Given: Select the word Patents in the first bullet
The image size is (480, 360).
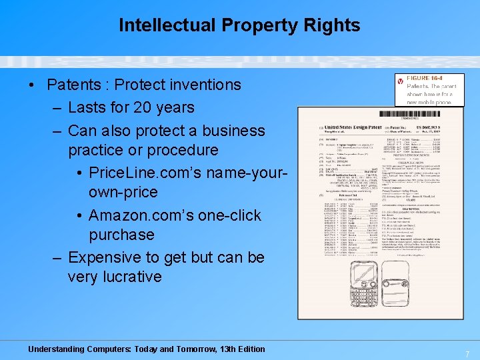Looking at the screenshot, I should tap(73, 85).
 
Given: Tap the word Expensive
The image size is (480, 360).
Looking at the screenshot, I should tap(107, 257).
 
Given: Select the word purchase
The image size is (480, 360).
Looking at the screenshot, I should tap(121, 235).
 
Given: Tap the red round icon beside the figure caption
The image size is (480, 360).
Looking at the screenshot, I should tap(400, 81).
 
